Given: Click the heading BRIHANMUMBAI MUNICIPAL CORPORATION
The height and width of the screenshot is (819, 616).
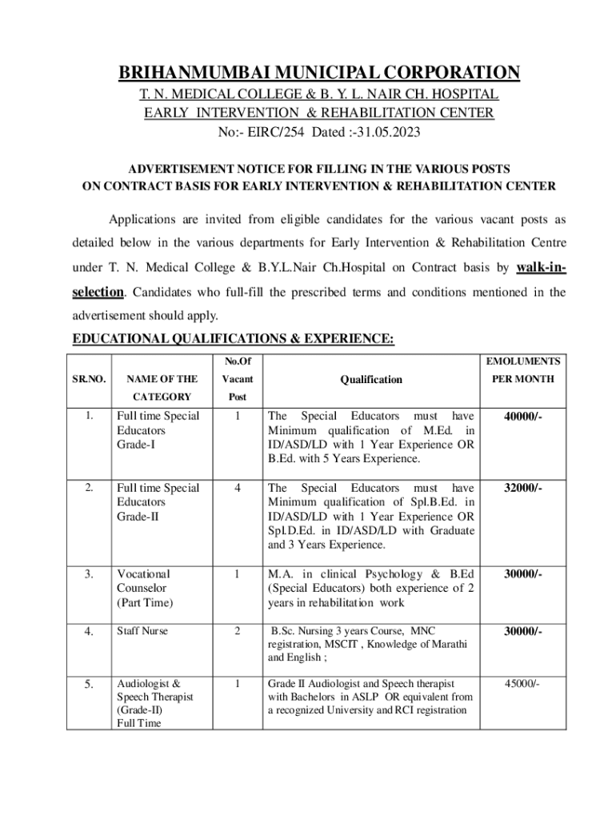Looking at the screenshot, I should point(319,74).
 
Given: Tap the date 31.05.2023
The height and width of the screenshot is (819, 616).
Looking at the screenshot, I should point(390,132).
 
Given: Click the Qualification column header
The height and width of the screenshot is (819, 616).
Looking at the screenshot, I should point(370,380).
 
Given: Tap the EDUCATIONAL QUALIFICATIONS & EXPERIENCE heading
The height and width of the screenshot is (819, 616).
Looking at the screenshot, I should point(233,339).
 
